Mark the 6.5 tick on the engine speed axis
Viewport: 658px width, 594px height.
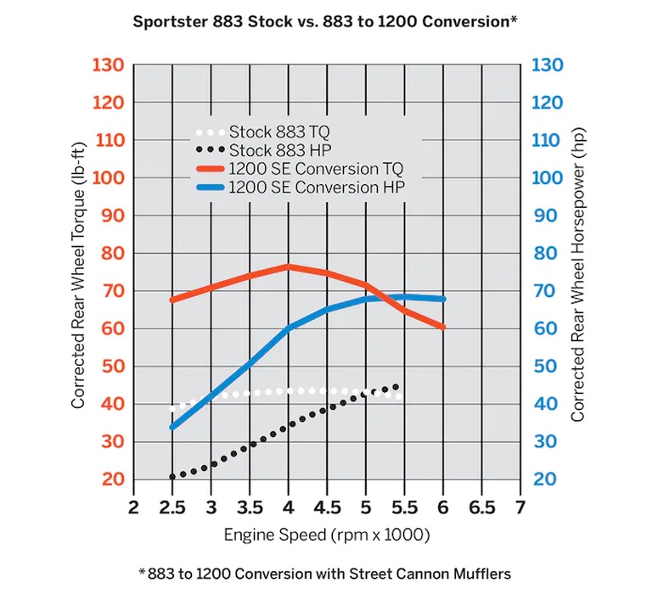(x=481, y=507)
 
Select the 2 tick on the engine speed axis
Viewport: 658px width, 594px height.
(x=133, y=507)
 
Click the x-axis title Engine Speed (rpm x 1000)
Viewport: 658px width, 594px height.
(x=327, y=535)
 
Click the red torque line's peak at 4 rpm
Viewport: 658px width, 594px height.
(x=288, y=266)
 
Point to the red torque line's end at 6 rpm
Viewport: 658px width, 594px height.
(x=442, y=327)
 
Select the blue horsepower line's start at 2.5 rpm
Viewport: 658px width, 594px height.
(x=172, y=427)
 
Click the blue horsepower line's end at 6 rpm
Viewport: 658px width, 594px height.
(x=442, y=299)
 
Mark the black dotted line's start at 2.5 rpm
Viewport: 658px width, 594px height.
(x=172, y=477)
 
